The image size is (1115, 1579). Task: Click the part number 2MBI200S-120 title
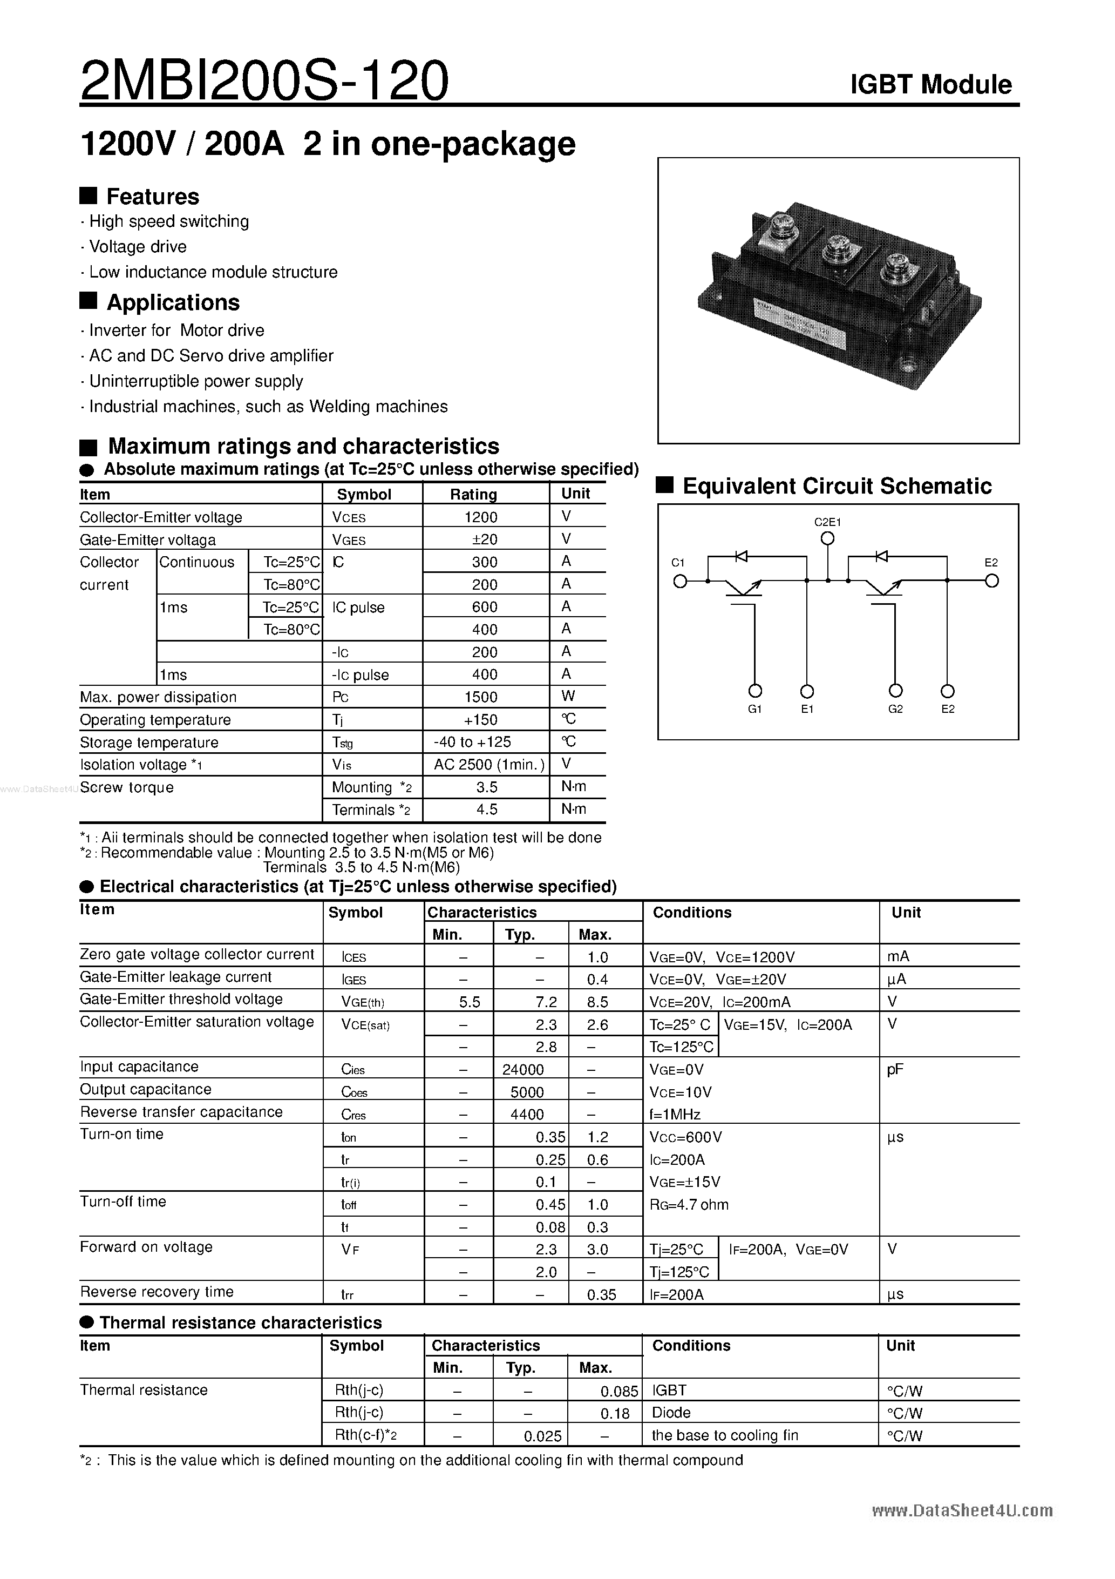pos(264,80)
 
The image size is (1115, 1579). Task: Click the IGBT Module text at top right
pos(931,85)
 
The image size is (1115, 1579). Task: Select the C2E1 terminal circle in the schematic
pos(828,539)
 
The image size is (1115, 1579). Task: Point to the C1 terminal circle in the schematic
pos(680,582)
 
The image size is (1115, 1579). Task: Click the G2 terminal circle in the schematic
pos(895,691)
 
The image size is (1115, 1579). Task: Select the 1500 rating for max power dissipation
pos(480,697)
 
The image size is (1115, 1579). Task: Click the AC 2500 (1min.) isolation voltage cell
pos(489,765)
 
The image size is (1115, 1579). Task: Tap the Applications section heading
pos(173,302)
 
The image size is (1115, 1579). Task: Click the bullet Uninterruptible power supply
pos(196,381)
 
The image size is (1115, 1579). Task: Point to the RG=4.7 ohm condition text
pos(689,1205)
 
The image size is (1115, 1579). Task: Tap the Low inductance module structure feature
pos(213,272)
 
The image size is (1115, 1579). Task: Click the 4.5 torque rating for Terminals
pos(487,809)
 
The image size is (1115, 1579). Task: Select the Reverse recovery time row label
pos(157,1292)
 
